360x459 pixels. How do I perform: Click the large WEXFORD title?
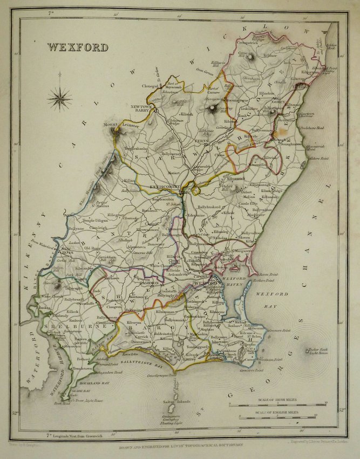pyautogui.click(x=77, y=47)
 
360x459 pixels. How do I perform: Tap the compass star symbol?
pyautogui.click(x=59, y=99)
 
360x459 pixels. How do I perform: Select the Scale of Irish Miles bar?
pyautogui.click(x=277, y=403)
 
